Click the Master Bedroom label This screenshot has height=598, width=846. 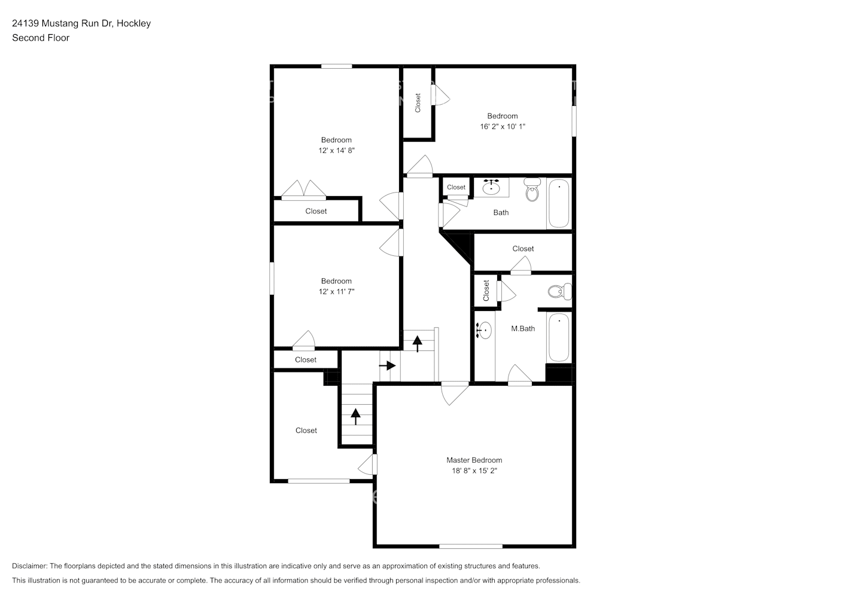(x=474, y=460)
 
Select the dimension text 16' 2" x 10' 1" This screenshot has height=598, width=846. (x=502, y=127)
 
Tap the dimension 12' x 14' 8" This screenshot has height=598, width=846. (x=336, y=151)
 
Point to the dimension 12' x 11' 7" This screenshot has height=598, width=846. (x=336, y=292)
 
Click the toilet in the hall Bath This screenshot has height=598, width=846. (x=532, y=190)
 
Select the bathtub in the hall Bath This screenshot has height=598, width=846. (x=559, y=203)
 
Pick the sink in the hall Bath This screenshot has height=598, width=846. (x=491, y=187)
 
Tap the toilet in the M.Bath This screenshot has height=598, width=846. (x=559, y=292)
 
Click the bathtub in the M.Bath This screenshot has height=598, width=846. (x=559, y=337)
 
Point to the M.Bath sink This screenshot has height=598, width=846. (x=484, y=329)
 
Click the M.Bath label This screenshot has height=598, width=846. (x=523, y=328)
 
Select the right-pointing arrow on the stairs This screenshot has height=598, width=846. (x=388, y=365)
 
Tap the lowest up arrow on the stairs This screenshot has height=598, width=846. (x=356, y=416)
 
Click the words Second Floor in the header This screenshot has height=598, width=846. (x=41, y=38)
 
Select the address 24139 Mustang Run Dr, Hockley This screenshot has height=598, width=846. (x=81, y=23)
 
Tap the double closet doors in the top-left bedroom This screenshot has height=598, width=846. (x=304, y=190)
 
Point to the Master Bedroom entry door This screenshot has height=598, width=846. (x=454, y=393)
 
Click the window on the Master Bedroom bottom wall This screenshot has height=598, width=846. (x=471, y=546)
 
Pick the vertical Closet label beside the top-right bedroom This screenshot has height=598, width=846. (x=418, y=102)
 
